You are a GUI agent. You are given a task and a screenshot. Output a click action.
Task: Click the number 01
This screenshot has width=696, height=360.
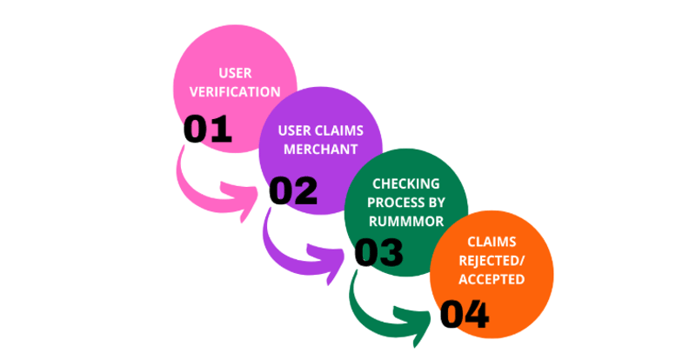pos(208,130)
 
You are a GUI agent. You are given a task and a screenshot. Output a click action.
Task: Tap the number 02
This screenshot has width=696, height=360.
pos(293,190)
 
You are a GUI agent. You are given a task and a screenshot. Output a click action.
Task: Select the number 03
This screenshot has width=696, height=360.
pos(378,253)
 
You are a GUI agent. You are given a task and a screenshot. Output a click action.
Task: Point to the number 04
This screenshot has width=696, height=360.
pos(464,315)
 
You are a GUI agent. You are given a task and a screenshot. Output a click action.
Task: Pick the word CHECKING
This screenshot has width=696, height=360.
pos(406,183)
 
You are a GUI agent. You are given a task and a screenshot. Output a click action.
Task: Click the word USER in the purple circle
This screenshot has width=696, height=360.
pos(295,131)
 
